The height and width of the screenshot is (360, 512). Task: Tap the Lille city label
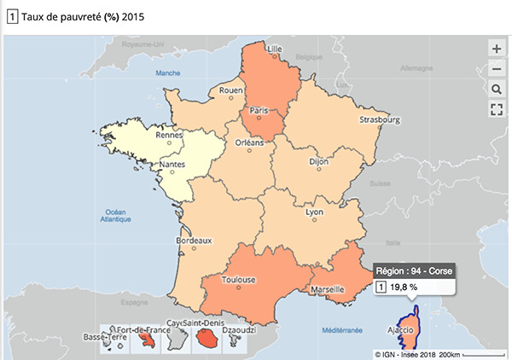click(275, 49)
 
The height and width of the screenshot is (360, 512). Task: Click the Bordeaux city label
click(193, 241)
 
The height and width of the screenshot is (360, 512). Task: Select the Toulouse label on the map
click(239, 279)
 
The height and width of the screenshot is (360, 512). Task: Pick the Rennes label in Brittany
click(171, 134)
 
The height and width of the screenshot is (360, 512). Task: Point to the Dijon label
click(318, 160)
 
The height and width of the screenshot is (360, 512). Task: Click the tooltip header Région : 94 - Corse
click(412, 271)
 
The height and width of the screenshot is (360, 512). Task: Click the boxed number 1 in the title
click(11, 15)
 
